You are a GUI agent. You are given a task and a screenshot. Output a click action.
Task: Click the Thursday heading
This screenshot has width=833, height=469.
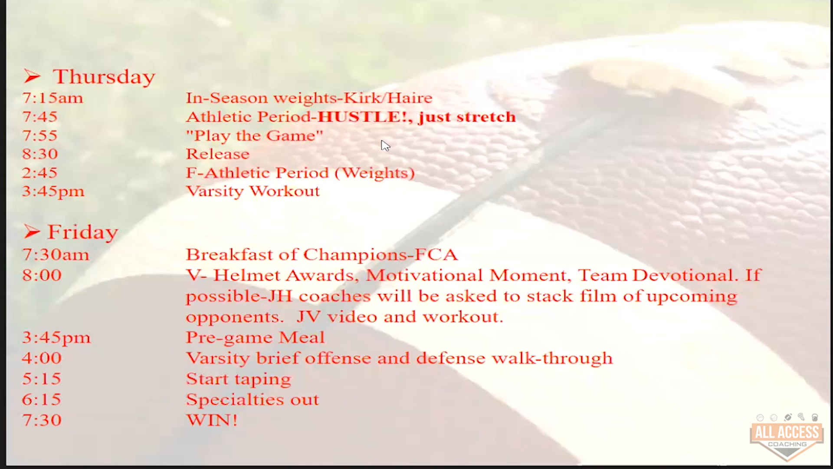point(104,77)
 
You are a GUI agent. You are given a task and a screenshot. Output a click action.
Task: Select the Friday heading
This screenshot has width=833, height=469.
point(82,232)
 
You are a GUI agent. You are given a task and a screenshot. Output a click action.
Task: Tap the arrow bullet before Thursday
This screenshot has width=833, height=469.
point(32,77)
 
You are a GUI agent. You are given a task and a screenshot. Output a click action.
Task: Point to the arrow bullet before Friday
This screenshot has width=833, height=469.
point(32,232)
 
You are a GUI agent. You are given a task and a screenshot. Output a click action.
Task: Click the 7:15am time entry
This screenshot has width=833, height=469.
point(52,98)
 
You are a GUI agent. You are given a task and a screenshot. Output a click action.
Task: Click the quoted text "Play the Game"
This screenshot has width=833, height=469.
point(254,135)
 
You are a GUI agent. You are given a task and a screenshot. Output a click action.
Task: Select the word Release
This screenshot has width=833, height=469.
point(217,154)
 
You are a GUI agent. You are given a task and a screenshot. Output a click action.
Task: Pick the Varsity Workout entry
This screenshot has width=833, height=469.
point(253,192)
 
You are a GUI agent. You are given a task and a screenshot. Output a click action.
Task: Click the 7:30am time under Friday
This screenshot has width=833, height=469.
point(56,254)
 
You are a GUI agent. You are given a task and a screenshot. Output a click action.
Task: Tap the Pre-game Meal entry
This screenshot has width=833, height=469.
point(255,338)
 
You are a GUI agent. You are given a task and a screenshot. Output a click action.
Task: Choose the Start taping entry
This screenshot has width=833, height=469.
point(239,379)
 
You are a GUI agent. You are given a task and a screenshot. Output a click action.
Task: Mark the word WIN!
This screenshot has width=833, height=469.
point(212,420)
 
